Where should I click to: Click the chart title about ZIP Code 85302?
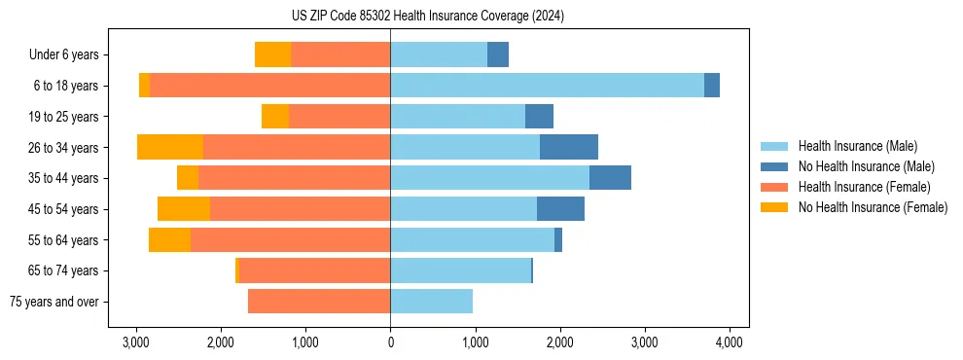click(427, 16)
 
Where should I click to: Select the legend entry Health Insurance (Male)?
click(857, 146)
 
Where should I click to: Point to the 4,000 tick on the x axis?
click(730, 342)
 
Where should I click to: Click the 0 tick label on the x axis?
click(390, 342)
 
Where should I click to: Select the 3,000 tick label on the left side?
click(136, 342)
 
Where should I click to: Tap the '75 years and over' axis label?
click(53, 302)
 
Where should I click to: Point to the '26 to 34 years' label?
click(63, 148)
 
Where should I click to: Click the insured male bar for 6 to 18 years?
click(547, 86)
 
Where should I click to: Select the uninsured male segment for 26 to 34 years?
click(569, 147)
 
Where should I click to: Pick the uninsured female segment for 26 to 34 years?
click(170, 147)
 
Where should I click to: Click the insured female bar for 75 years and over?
click(319, 302)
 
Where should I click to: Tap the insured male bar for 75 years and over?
click(431, 302)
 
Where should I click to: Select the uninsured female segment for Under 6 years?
click(273, 54)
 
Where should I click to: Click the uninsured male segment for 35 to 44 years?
click(610, 178)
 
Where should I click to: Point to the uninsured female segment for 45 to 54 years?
click(184, 209)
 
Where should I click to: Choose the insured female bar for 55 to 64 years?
click(290, 239)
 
